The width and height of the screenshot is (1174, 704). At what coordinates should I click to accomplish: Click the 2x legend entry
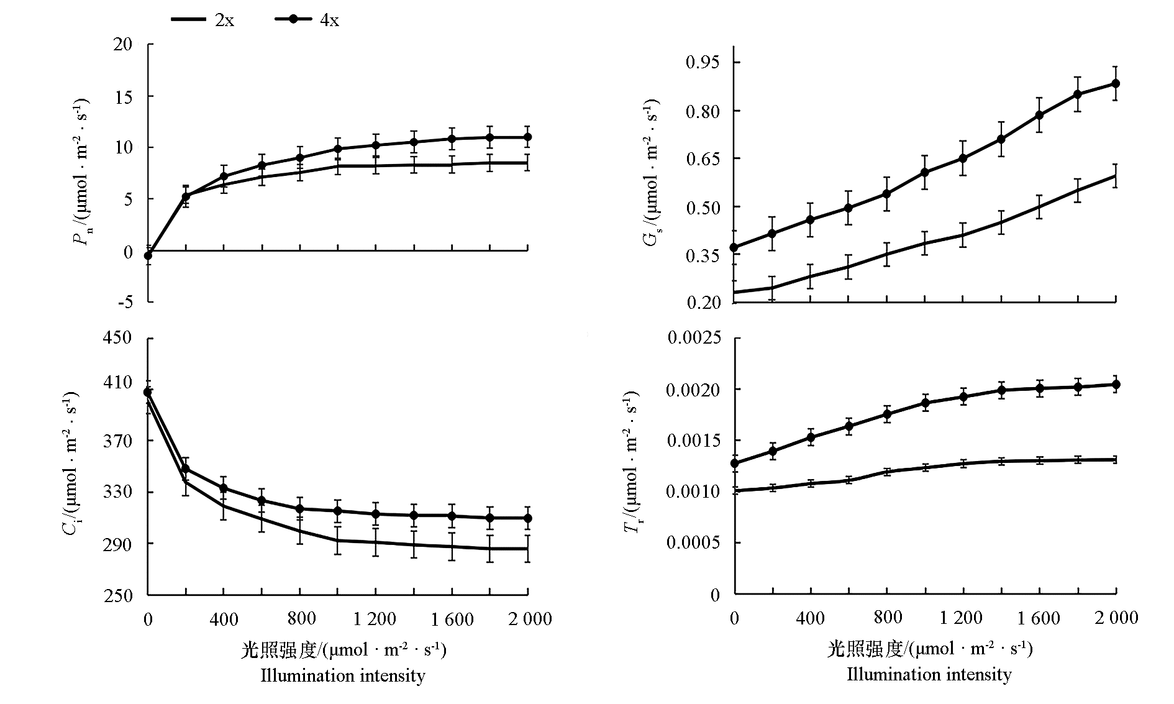pyautogui.click(x=202, y=20)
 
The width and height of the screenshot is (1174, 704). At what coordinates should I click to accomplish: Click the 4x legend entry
pyautogui.click(x=307, y=20)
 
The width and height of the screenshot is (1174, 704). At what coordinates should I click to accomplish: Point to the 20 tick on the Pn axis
pyautogui.click(x=123, y=44)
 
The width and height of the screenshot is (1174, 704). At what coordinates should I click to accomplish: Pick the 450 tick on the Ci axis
pyautogui.click(x=118, y=338)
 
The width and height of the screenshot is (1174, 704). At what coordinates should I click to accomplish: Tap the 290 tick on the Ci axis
pyautogui.click(x=118, y=544)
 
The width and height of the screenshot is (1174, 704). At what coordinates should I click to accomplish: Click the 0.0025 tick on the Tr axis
pyautogui.click(x=694, y=338)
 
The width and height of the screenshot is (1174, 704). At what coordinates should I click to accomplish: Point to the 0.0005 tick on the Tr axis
pyautogui.click(x=694, y=543)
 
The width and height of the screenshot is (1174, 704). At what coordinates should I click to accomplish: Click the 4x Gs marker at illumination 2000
pyautogui.click(x=1116, y=83)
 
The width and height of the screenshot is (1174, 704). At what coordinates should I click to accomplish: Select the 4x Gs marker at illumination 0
pyautogui.click(x=734, y=247)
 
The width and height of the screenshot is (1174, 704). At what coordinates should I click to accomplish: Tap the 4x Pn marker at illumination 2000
pyautogui.click(x=528, y=137)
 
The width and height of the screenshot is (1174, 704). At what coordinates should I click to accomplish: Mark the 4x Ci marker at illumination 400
pyautogui.click(x=224, y=488)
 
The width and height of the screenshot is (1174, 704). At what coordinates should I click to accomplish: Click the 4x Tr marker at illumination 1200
pyautogui.click(x=963, y=397)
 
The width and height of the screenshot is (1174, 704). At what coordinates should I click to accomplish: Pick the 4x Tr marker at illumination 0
pyautogui.click(x=734, y=463)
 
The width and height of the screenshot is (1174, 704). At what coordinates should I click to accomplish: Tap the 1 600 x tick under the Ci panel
pyautogui.click(x=452, y=619)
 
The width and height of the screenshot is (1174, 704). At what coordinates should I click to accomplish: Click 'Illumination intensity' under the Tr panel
pyautogui.click(x=929, y=675)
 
